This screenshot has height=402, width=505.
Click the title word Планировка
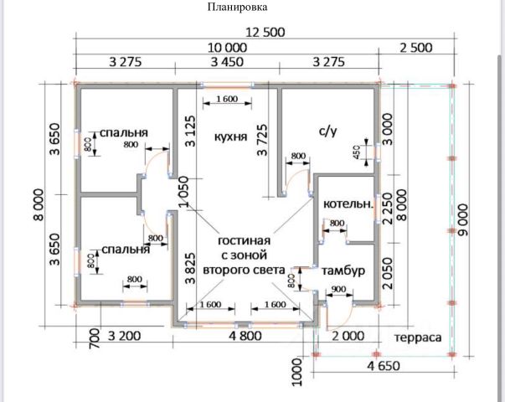(237, 8)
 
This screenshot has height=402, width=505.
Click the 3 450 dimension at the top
(226, 61)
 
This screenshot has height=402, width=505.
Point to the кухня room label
(229, 136)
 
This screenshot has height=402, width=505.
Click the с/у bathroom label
(327, 131)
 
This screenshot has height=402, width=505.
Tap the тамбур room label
(343, 271)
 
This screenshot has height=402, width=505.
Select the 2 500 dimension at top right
(415, 48)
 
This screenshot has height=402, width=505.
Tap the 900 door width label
(338, 290)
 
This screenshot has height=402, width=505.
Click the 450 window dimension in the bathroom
(356, 151)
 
